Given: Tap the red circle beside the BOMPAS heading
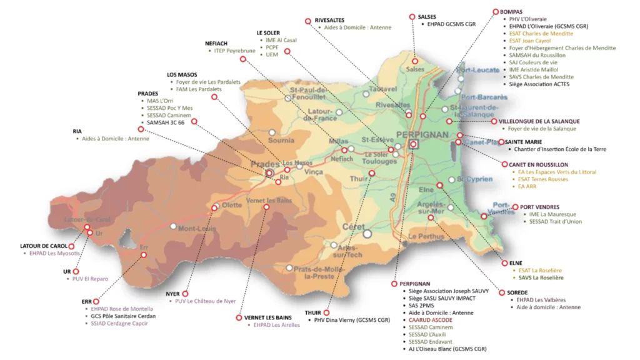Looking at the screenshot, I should tap(495, 11).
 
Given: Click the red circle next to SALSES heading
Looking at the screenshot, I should tap(412, 17).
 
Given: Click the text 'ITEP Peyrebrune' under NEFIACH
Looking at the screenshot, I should tap(234, 51).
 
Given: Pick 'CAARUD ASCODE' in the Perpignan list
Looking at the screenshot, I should tap(430, 319).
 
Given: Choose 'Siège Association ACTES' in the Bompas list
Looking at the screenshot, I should tap(539, 84).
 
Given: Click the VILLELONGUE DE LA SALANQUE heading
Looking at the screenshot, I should tap(539, 121).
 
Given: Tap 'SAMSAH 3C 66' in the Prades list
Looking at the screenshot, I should tap(166, 122).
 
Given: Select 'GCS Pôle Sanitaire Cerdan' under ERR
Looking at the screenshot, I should tap(123, 316).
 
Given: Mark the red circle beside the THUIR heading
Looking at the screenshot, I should tap(326, 312).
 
